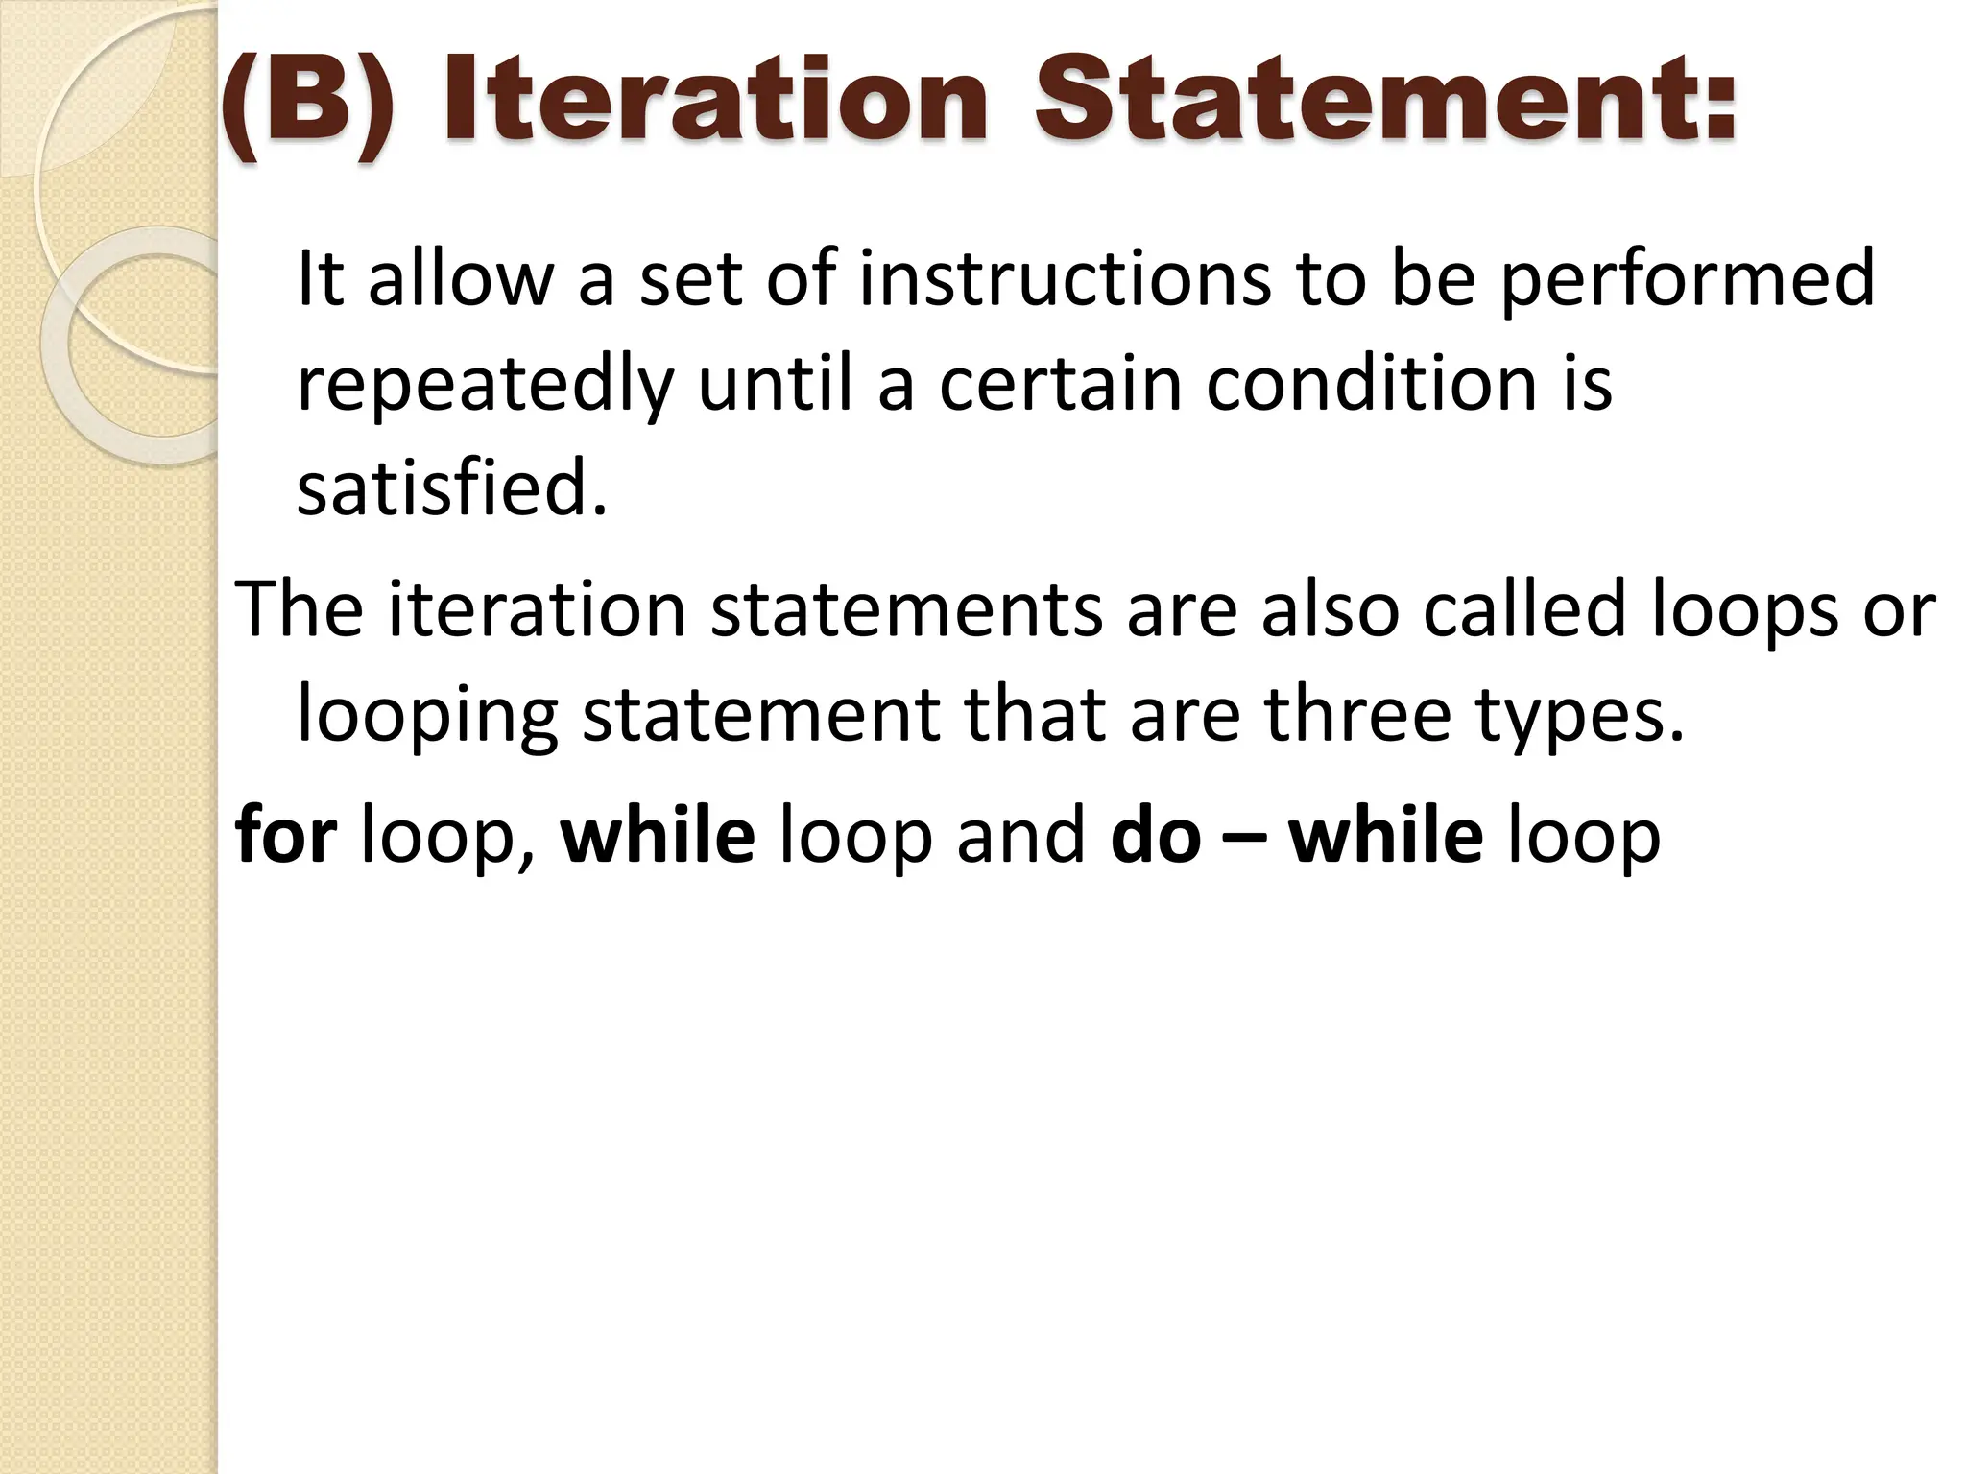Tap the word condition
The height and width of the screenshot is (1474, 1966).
[x=1372, y=384]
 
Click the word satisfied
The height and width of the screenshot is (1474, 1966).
[x=452, y=487]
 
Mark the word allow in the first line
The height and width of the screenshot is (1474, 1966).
[x=461, y=278]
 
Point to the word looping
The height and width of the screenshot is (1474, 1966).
[x=427, y=716]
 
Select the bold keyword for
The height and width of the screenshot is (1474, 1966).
[x=285, y=833]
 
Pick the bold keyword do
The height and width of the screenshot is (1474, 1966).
[x=1155, y=833]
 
